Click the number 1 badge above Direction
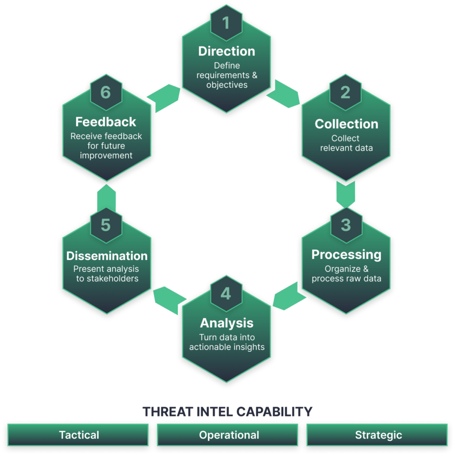(x=227, y=23)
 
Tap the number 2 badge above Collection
(x=345, y=92)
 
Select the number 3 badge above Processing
(x=345, y=225)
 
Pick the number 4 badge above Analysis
(x=226, y=293)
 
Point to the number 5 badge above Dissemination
(x=106, y=225)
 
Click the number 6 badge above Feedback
(x=106, y=92)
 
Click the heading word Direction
(x=227, y=51)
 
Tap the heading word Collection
(x=346, y=124)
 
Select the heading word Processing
(x=346, y=254)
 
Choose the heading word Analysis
(x=227, y=323)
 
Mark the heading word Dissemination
(x=107, y=256)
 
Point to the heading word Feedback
(x=106, y=122)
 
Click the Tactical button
(x=79, y=435)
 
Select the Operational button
(x=229, y=435)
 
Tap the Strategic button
(x=378, y=435)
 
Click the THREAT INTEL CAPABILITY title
(x=227, y=412)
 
